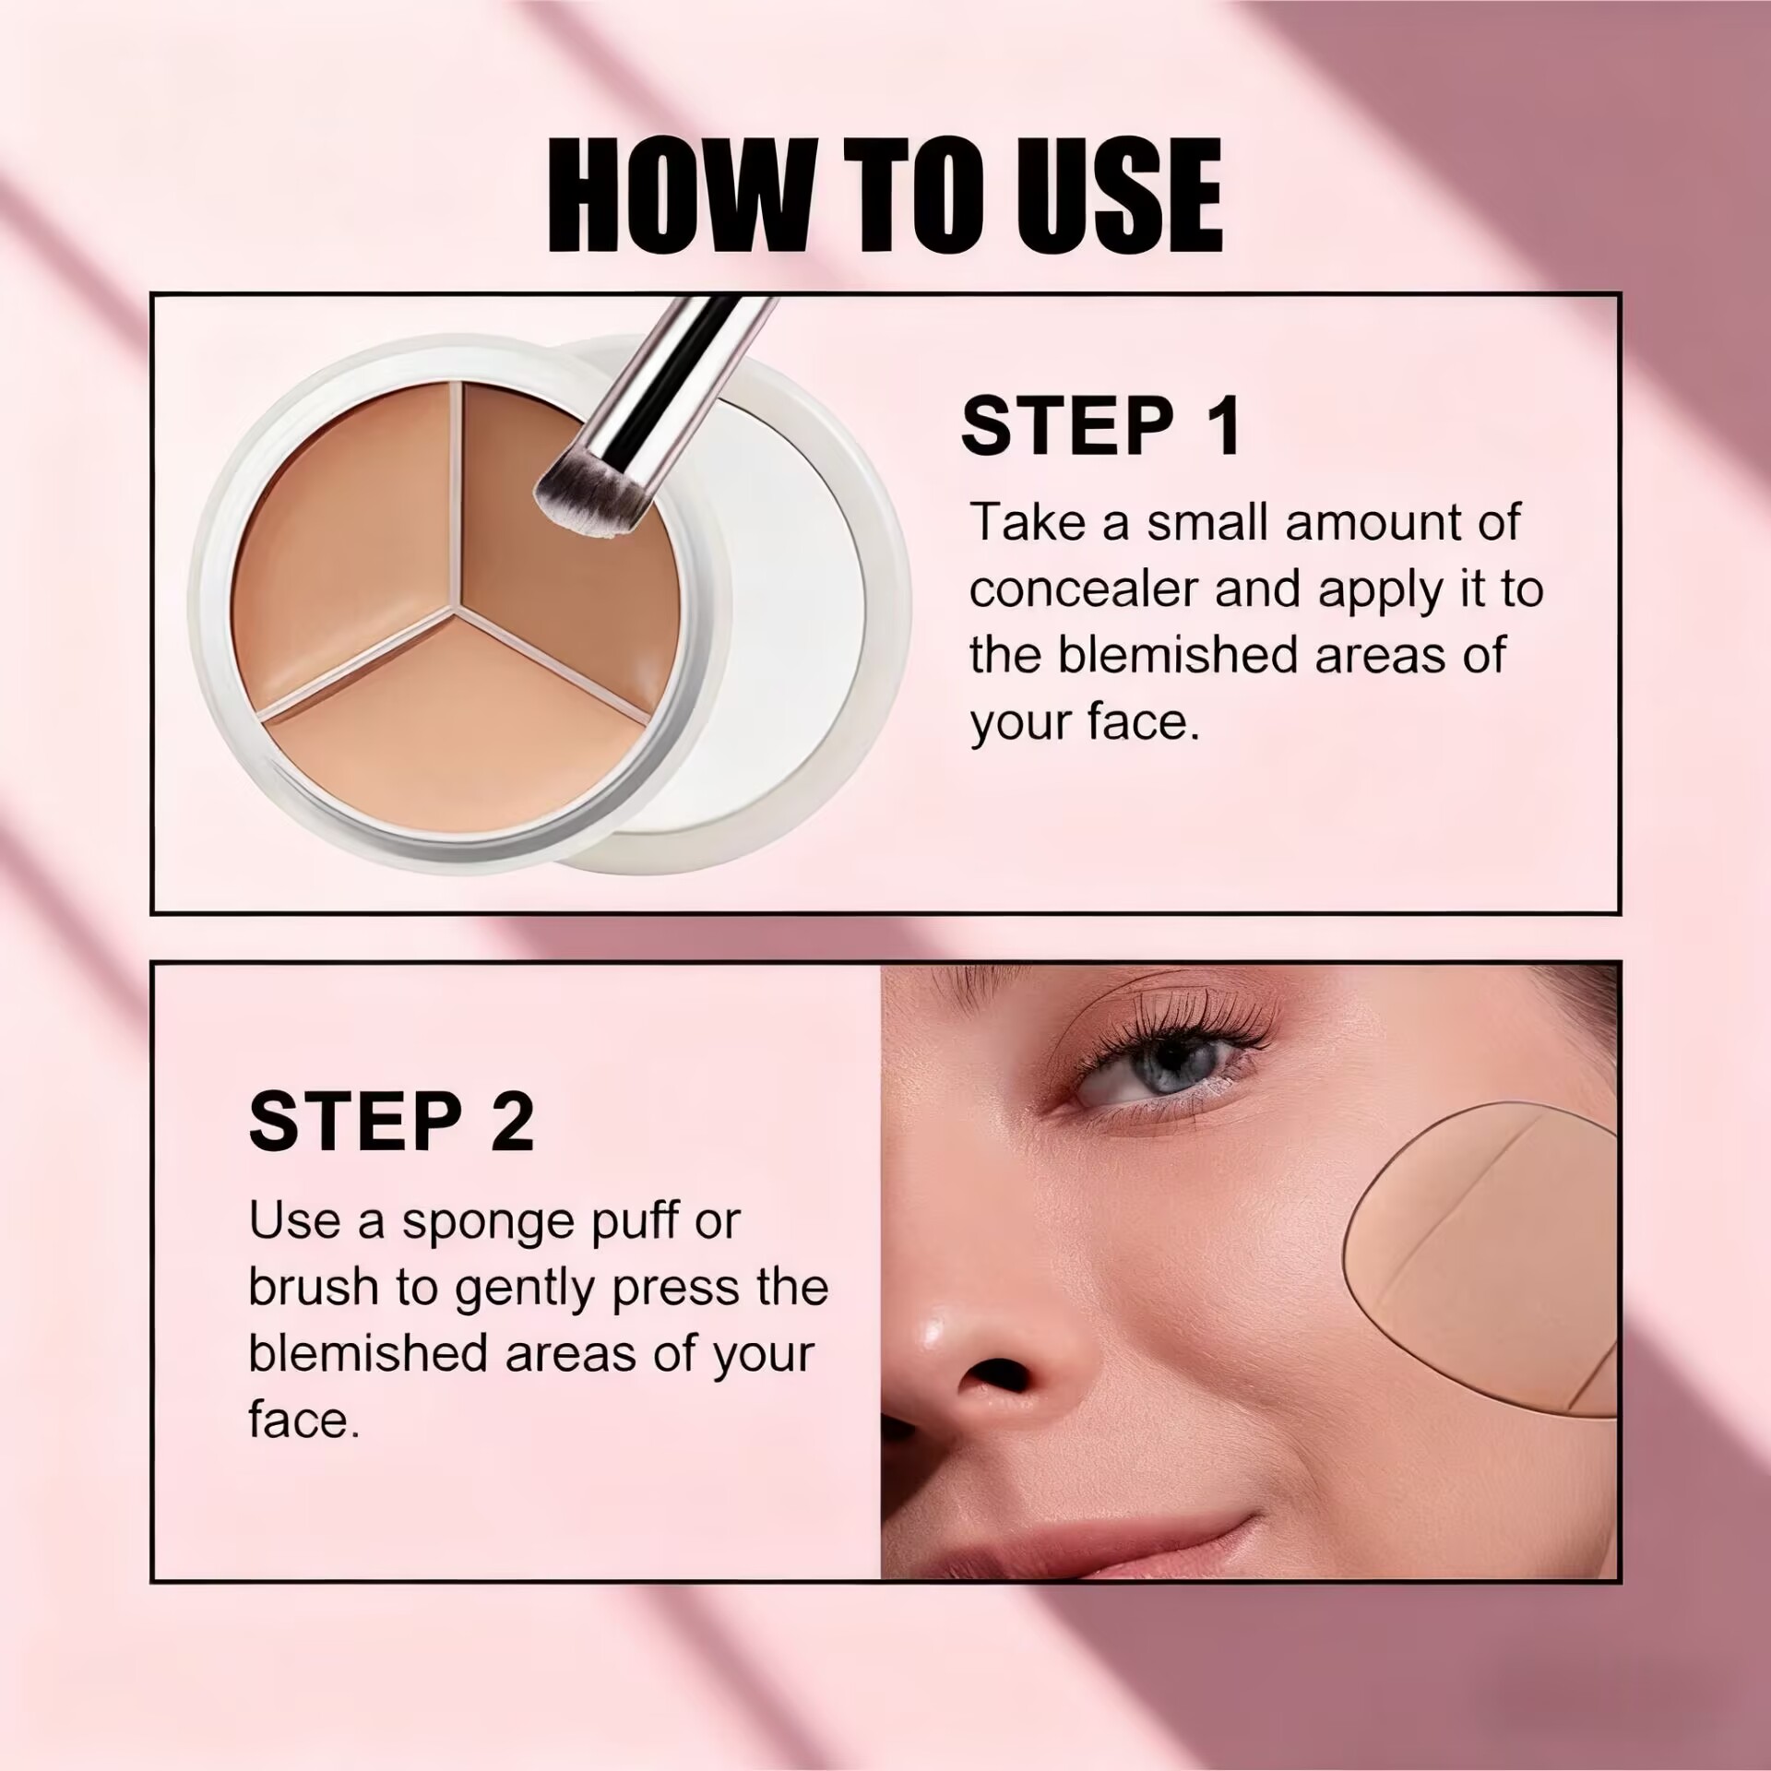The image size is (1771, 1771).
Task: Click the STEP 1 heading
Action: pos(1101,425)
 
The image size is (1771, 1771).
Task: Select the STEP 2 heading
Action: pos(391,1121)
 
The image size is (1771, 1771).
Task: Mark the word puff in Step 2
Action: pos(648,1223)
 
